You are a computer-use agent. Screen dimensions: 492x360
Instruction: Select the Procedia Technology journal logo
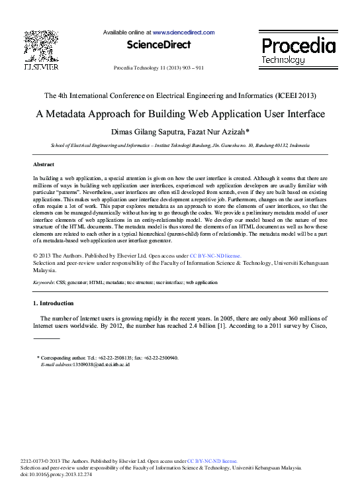[298, 50]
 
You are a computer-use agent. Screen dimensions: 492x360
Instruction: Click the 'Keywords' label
[44, 282]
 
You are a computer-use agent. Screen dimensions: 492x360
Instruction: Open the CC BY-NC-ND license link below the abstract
[215, 255]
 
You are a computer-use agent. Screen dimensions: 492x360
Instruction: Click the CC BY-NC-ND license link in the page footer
[212, 460]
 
